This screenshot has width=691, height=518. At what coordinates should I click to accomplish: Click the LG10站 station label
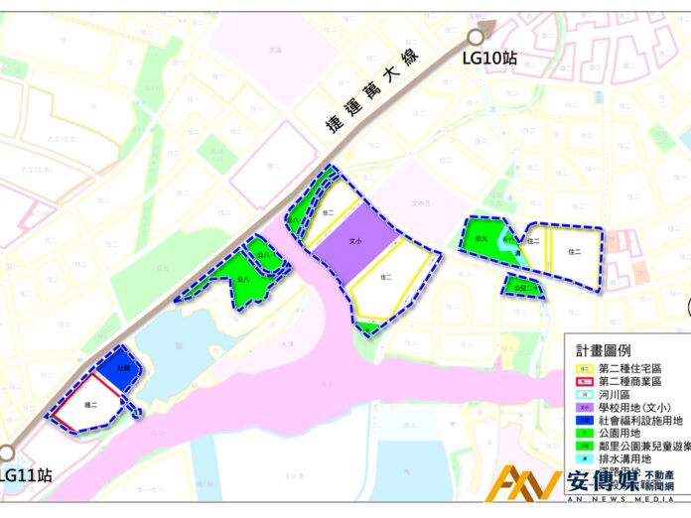490,59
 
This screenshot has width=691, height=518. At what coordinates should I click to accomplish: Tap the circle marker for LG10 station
476,38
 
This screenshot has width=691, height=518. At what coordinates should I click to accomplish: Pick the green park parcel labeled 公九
482,240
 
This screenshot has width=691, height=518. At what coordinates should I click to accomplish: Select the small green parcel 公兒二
523,288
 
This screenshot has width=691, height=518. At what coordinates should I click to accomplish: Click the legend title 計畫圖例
608,350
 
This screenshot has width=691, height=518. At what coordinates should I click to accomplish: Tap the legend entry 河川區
616,394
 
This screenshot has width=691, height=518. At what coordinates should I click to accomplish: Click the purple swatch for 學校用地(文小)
584,407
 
